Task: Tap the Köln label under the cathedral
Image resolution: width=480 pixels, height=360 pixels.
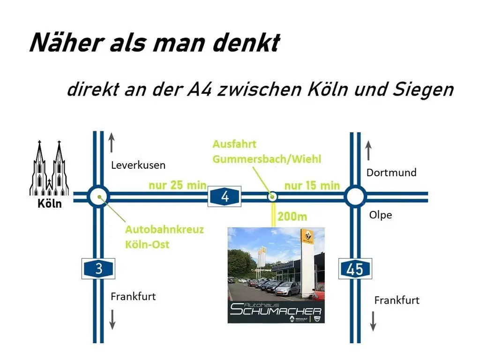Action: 50,204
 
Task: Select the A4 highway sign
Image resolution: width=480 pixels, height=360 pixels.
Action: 225,196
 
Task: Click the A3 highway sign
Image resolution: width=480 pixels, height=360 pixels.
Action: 98,269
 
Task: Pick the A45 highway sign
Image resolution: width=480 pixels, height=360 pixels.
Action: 355,269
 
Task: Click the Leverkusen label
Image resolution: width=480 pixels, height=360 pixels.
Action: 138,165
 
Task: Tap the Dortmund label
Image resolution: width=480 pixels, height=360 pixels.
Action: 391,172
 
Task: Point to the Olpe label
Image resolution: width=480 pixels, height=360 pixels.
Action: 380,215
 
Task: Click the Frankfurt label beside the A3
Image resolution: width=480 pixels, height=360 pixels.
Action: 133,296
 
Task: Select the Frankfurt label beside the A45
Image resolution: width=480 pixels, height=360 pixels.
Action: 397,300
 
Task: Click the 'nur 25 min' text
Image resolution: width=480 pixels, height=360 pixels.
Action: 178,185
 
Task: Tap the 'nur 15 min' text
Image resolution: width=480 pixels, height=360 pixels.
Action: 312,185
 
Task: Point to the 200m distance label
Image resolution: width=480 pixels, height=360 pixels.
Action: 292,217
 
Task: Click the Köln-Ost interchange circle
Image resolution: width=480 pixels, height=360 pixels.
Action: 98,196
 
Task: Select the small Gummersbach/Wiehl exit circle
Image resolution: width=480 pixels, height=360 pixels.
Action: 271,196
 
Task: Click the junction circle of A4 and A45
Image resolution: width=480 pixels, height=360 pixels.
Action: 355,196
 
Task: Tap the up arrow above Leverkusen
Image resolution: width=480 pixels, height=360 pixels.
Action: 111,142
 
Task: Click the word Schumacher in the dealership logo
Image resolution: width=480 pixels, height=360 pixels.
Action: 276,311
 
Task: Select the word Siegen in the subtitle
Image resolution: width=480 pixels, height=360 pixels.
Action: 426,89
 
